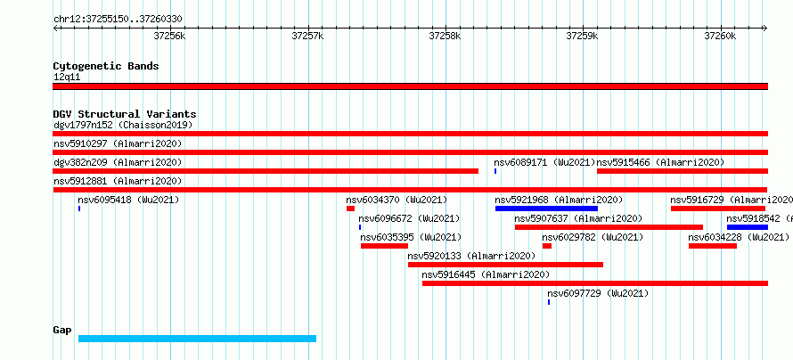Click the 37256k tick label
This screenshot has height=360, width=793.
coord(170,36)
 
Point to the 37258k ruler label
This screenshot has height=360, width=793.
coord(445,36)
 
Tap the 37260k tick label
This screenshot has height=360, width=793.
coord(720,36)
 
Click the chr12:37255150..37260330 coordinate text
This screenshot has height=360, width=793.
coord(118,20)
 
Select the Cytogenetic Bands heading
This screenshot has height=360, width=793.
coord(106,66)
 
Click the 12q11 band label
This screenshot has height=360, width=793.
coord(67,78)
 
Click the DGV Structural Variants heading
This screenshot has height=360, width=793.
coord(125,114)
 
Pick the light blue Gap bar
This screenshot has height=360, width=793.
coord(197,339)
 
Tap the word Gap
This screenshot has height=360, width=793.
coord(62,331)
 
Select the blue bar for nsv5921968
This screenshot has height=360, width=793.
coord(546,209)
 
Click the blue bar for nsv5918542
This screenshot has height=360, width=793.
coord(748,227)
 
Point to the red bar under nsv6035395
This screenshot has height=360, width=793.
coord(384,246)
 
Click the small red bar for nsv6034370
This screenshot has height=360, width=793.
coord(350,209)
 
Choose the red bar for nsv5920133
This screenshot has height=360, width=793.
coord(505,265)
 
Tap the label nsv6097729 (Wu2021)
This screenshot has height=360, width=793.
coord(598,293)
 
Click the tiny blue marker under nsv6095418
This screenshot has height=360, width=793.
coord(79,209)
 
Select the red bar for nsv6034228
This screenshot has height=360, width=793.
coord(713,246)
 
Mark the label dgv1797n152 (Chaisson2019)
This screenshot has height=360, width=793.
coord(123,125)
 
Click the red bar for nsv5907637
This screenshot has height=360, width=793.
coord(609,227)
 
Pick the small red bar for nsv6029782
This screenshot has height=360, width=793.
coord(547,246)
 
